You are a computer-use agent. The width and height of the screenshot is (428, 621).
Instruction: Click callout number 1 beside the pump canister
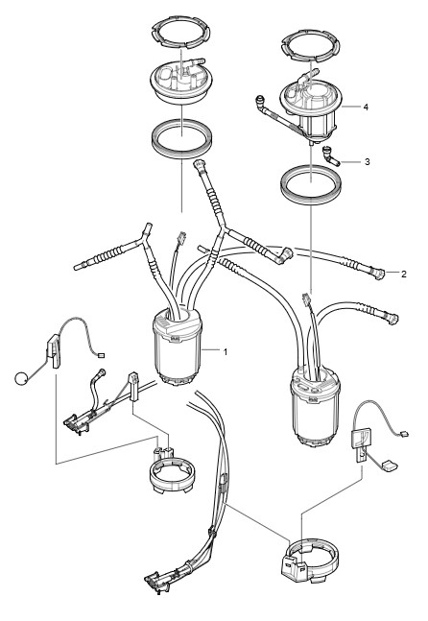click(226, 351)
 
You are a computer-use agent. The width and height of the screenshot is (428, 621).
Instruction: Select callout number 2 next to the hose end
click(403, 275)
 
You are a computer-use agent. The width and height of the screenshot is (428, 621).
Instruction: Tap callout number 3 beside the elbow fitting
click(367, 162)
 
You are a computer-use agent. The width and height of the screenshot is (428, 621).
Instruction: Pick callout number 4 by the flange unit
click(366, 107)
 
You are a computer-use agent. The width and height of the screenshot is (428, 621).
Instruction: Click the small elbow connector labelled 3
click(330, 156)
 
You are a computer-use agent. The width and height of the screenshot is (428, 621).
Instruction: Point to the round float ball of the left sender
click(21, 378)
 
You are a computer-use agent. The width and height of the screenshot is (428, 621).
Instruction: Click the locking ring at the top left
click(181, 33)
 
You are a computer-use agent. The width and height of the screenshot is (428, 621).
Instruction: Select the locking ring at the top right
click(310, 46)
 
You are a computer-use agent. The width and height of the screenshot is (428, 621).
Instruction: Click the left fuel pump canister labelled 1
click(178, 346)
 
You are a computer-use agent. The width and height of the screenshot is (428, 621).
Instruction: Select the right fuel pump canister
click(315, 406)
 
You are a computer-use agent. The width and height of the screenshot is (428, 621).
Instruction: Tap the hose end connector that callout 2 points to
click(379, 274)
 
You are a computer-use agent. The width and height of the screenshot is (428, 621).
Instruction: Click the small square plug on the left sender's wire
click(101, 355)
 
